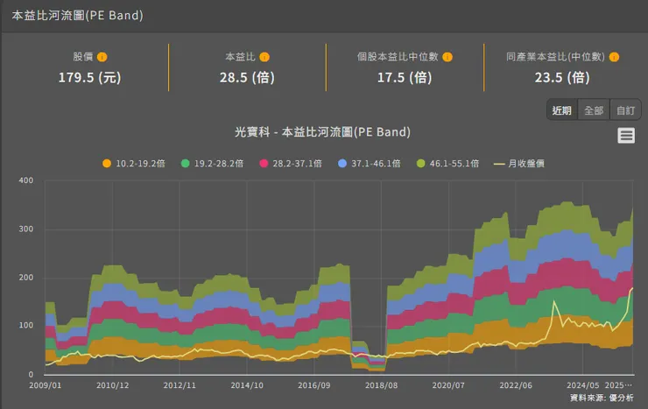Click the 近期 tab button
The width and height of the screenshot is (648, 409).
(x=562, y=110)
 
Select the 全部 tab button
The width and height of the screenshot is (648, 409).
(x=594, y=110)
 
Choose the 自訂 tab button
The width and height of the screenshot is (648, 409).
(x=625, y=110)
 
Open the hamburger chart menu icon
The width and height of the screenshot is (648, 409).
(x=626, y=135)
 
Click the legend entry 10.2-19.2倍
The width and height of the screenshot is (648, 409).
(x=134, y=163)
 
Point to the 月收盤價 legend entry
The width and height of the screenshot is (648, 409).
(x=520, y=163)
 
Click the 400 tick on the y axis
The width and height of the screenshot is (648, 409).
(x=25, y=181)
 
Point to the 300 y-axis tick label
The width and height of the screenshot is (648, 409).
(x=25, y=229)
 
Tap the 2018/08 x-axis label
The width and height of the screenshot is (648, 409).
(x=380, y=385)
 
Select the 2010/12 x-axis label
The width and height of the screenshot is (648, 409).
(x=113, y=385)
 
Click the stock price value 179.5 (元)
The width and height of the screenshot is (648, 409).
(x=89, y=77)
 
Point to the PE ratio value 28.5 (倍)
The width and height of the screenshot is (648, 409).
(x=247, y=77)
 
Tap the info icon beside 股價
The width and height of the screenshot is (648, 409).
(x=102, y=57)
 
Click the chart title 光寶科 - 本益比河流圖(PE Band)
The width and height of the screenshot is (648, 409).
(x=323, y=132)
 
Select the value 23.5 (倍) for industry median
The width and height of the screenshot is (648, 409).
(x=562, y=77)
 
